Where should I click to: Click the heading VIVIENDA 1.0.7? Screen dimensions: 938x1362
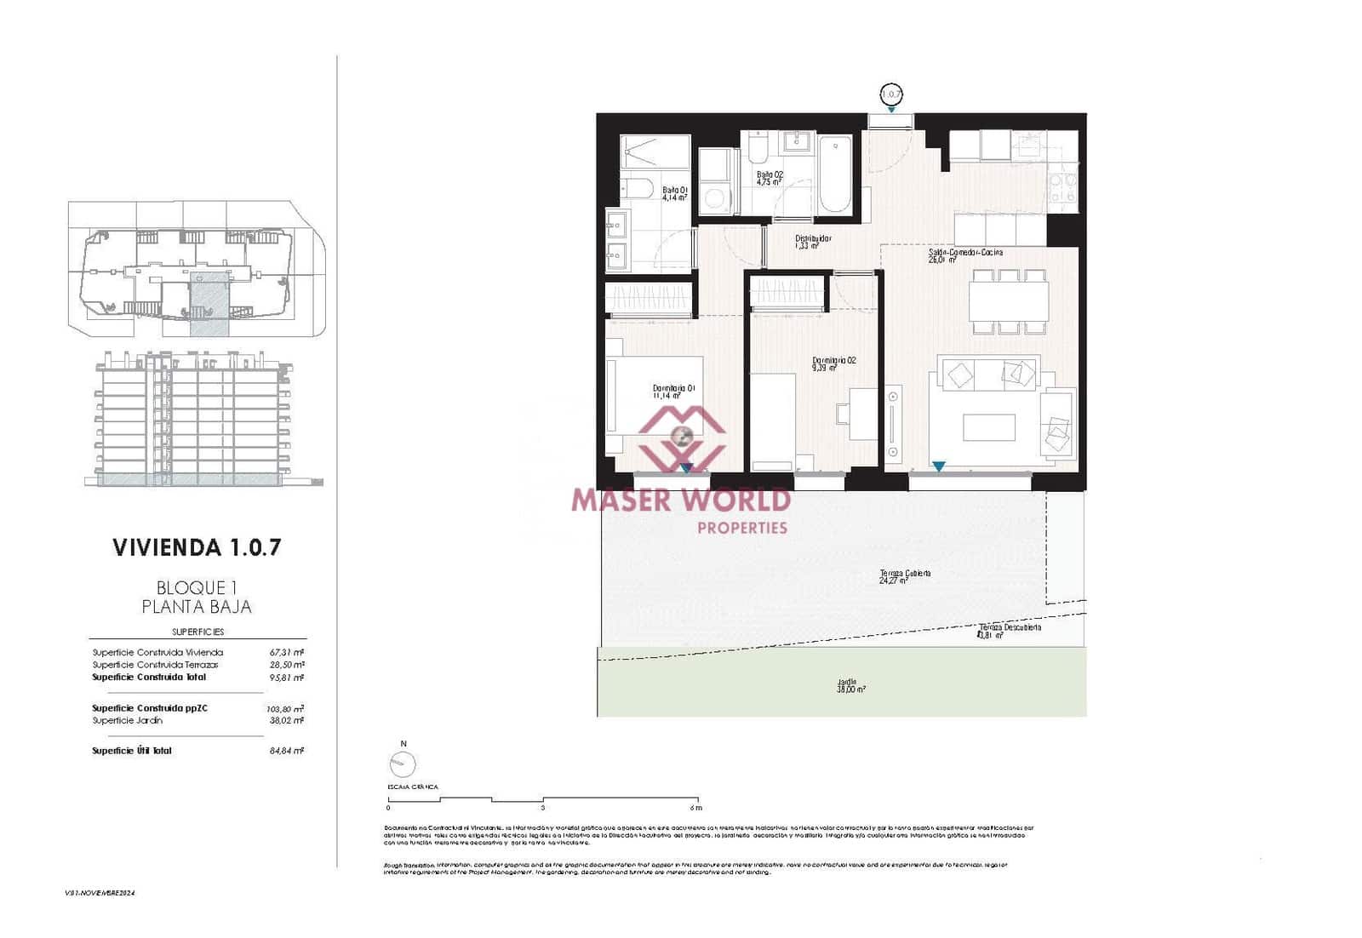[x=197, y=547]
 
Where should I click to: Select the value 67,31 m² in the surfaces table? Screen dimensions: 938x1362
[x=287, y=653]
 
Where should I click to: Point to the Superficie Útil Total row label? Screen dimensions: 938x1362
[x=132, y=751]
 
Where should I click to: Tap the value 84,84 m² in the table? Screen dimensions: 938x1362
[x=287, y=751]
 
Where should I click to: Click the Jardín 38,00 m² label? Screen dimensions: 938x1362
[x=850, y=685]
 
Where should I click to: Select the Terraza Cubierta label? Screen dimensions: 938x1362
[x=905, y=576]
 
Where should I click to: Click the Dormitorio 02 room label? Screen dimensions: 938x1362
[x=833, y=364]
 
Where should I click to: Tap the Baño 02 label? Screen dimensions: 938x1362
[x=770, y=177]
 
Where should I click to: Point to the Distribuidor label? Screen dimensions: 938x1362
[x=813, y=242]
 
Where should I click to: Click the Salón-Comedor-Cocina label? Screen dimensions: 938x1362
[x=965, y=255]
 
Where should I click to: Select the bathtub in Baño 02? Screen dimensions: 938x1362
[x=834, y=174]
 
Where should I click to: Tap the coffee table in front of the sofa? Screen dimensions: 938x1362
[x=988, y=427]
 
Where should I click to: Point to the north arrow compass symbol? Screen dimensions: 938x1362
[x=401, y=765]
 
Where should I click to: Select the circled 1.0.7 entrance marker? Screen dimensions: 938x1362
[x=890, y=94]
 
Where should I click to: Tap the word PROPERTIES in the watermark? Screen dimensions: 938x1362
[x=742, y=528]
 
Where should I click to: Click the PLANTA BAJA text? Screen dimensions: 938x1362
[x=197, y=607]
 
